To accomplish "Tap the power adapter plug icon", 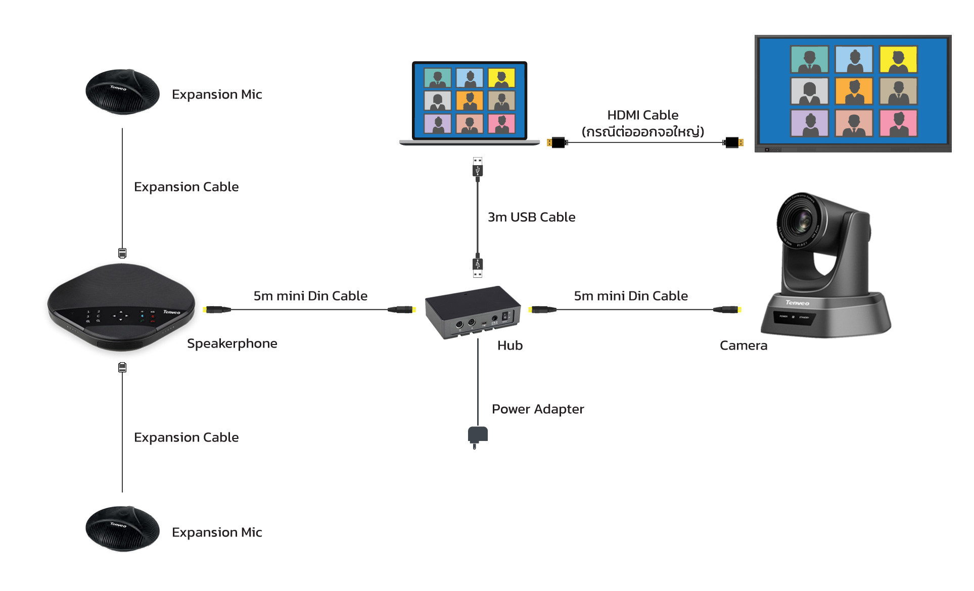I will tap(477, 436).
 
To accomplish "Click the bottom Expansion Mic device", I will tap(122, 529).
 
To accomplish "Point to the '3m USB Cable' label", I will tap(531, 217).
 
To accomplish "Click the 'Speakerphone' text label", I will tap(232, 343).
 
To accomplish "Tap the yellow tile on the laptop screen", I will tap(501, 78).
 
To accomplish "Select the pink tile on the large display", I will tap(898, 123).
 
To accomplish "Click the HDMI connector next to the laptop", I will tap(556, 142).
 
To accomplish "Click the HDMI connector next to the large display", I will tap(733, 142).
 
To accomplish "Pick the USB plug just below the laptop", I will tap(478, 168).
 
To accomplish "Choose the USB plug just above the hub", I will tap(478, 266).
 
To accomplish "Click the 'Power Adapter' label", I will tap(538, 409).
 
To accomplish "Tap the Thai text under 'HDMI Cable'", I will tap(642, 132).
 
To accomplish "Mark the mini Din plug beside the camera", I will tap(727, 310).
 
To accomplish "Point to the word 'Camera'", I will tap(743, 346).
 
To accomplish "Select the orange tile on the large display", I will tap(854, 91).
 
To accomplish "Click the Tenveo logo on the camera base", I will tap(797, 303).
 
